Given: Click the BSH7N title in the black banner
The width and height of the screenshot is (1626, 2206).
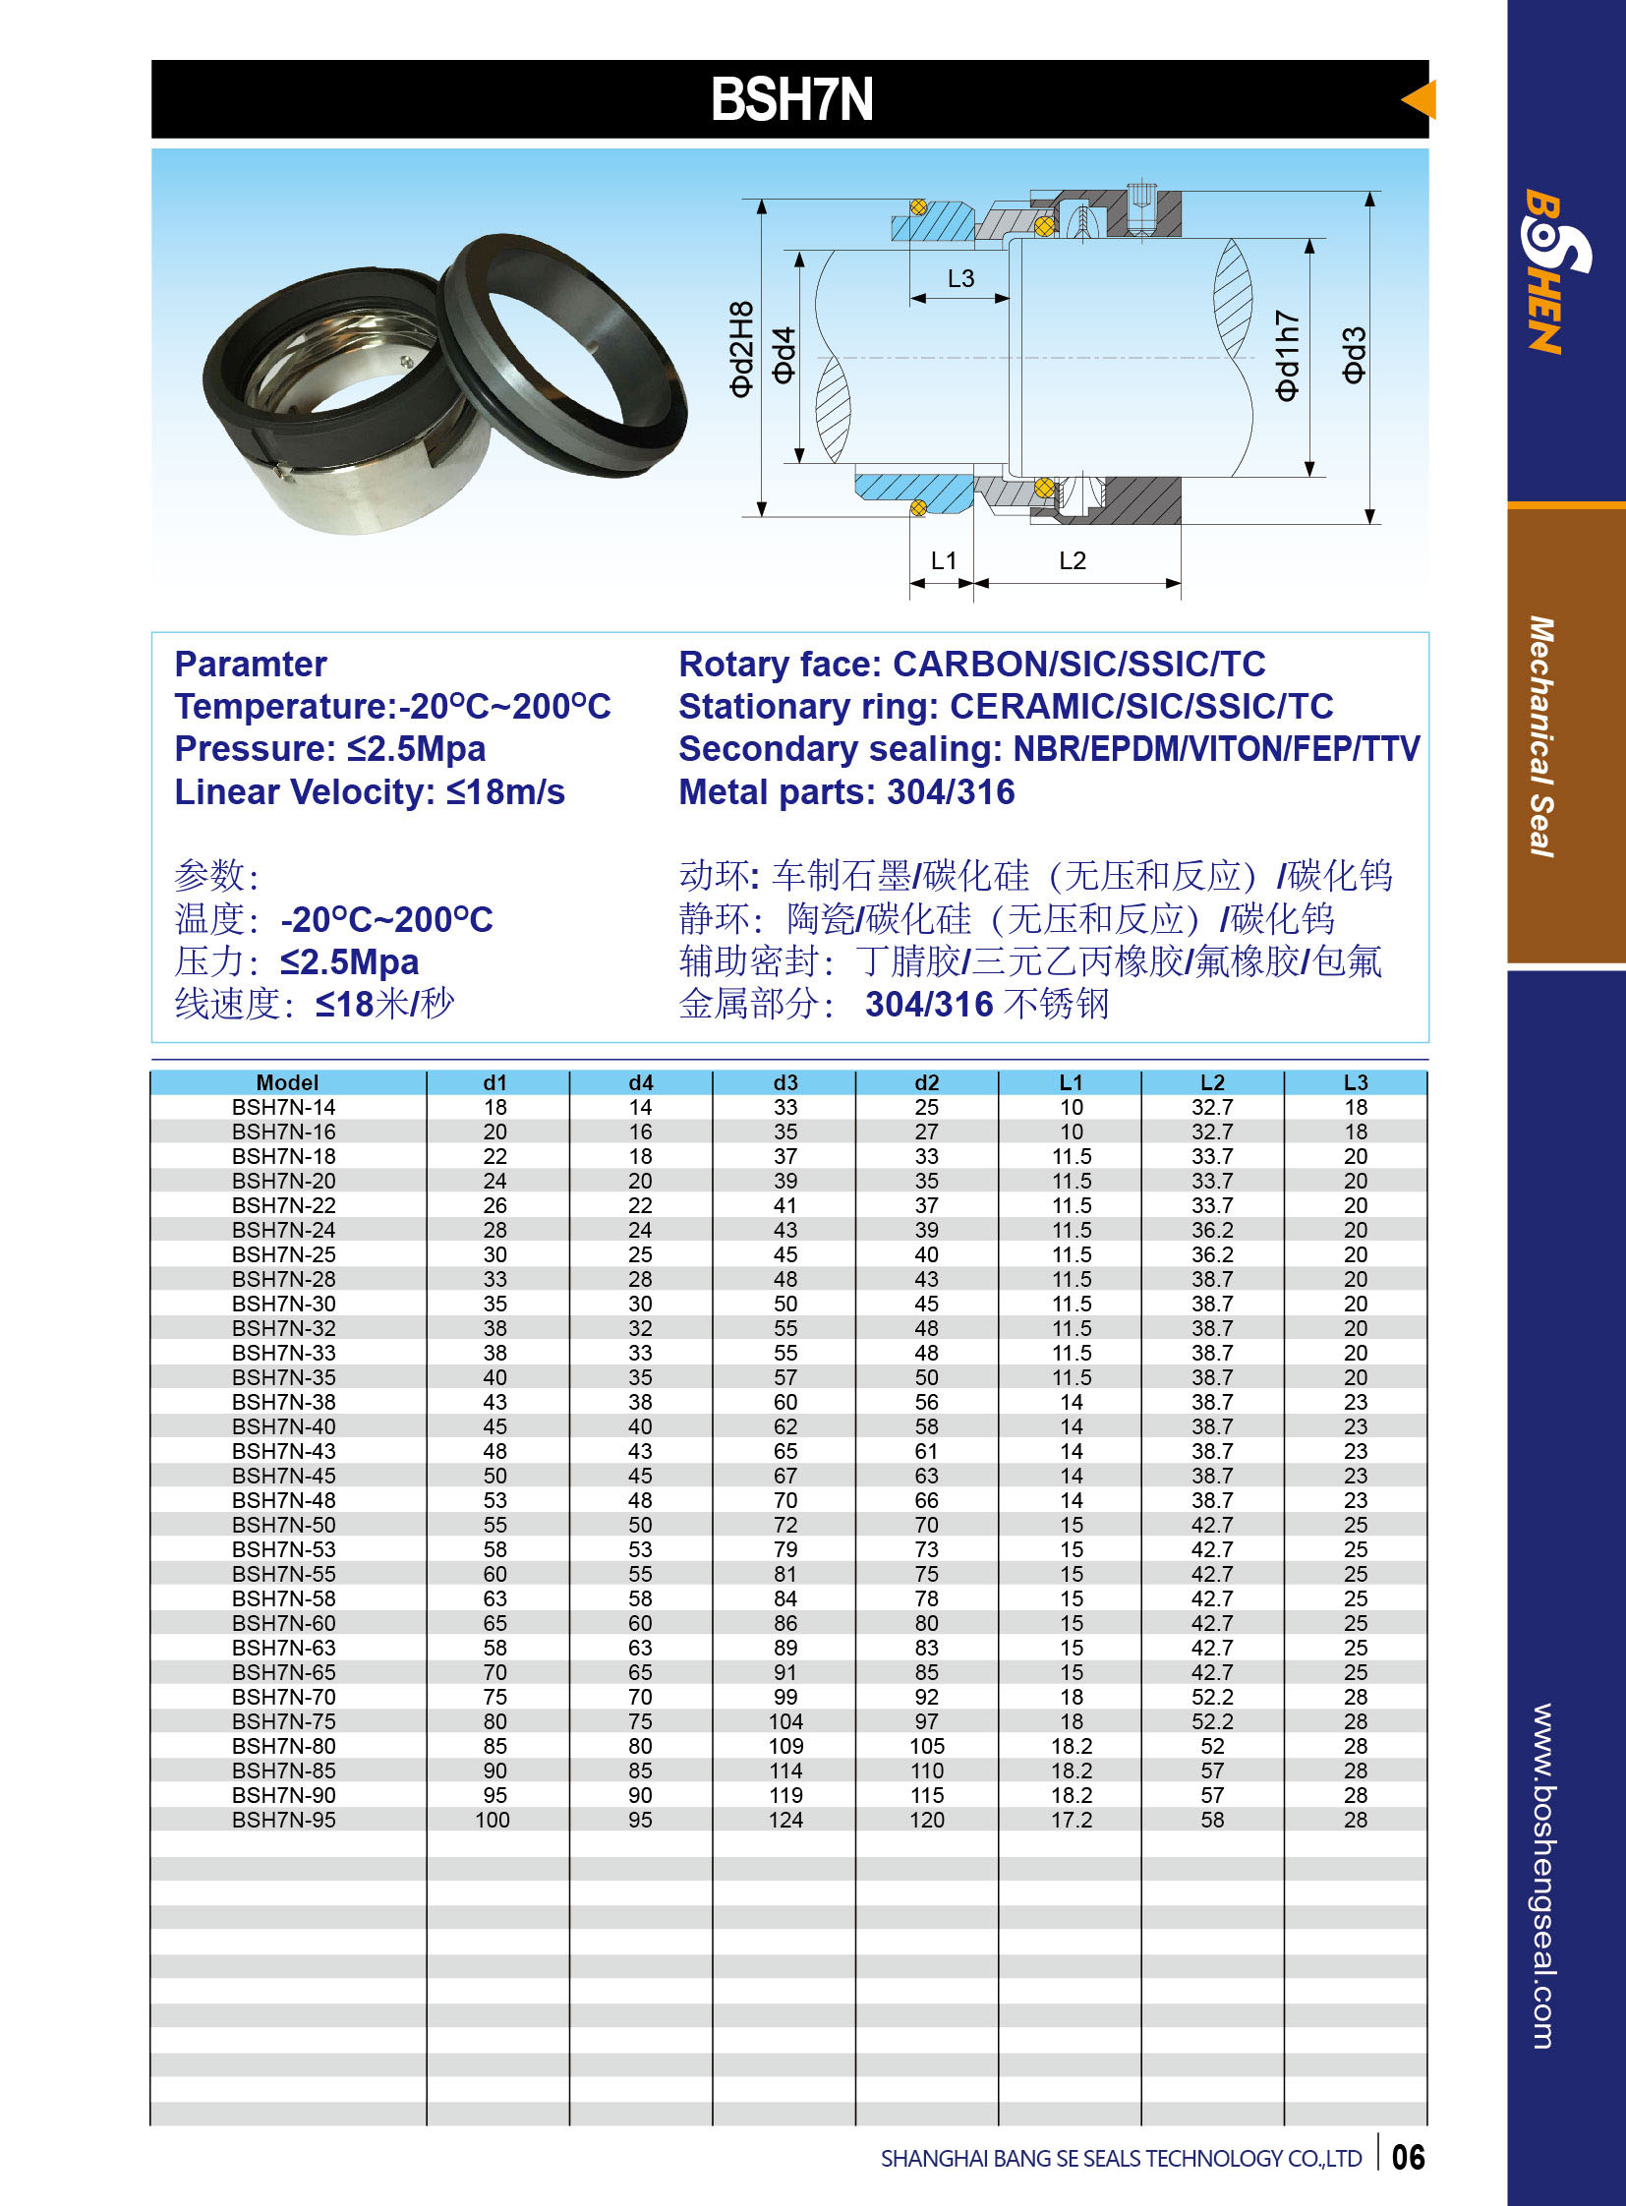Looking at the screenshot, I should [x=791, y=99].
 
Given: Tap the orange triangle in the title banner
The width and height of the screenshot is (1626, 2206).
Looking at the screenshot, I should [x=1420, y=99].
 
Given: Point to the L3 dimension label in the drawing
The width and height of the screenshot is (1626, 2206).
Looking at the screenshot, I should [x=960, y=278].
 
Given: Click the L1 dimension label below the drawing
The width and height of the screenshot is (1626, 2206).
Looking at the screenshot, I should [x=943, y=560].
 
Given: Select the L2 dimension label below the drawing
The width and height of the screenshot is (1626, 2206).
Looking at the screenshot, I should [x=1072, y=560].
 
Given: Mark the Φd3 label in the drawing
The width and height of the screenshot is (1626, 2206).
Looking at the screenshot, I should [x=1355, y=354].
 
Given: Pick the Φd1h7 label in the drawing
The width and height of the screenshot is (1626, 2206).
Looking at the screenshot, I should [x=1288, y=355].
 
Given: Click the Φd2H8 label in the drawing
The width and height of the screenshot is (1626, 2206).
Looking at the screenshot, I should [x=741, y=349].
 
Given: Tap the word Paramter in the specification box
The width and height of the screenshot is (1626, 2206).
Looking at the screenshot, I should [x=250, y=665].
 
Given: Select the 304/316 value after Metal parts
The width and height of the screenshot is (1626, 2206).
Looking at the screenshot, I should [x=950, y=792].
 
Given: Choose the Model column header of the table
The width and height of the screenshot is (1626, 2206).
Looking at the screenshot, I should [x=287, y=1082].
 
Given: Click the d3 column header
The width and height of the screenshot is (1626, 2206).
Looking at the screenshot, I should [x=784, y=1082].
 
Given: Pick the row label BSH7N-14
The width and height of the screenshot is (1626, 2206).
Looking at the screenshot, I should [x=283, y=1108].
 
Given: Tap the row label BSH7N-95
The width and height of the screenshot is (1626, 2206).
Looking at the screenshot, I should [x=283, y=1820].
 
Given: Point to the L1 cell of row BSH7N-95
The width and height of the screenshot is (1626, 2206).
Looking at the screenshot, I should [x=1071, y=1820].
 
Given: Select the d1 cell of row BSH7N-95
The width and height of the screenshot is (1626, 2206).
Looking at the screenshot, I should [x=494, y=1820].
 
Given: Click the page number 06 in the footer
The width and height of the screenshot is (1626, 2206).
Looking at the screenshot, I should [x=1408, y=2158].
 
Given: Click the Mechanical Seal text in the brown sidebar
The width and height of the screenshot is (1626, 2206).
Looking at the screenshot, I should [x=1541, y=736].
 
